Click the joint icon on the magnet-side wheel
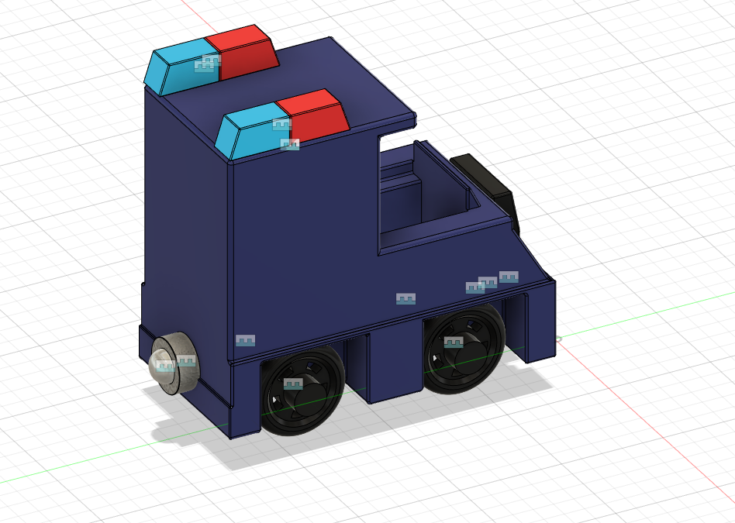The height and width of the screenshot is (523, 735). coord(292,384)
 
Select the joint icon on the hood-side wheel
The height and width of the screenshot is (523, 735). coord(454,342)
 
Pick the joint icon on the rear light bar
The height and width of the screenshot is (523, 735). coord(204,66)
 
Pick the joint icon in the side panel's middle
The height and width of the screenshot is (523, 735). coord(405,298)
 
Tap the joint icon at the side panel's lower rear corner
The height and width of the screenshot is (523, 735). coord(245,340)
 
